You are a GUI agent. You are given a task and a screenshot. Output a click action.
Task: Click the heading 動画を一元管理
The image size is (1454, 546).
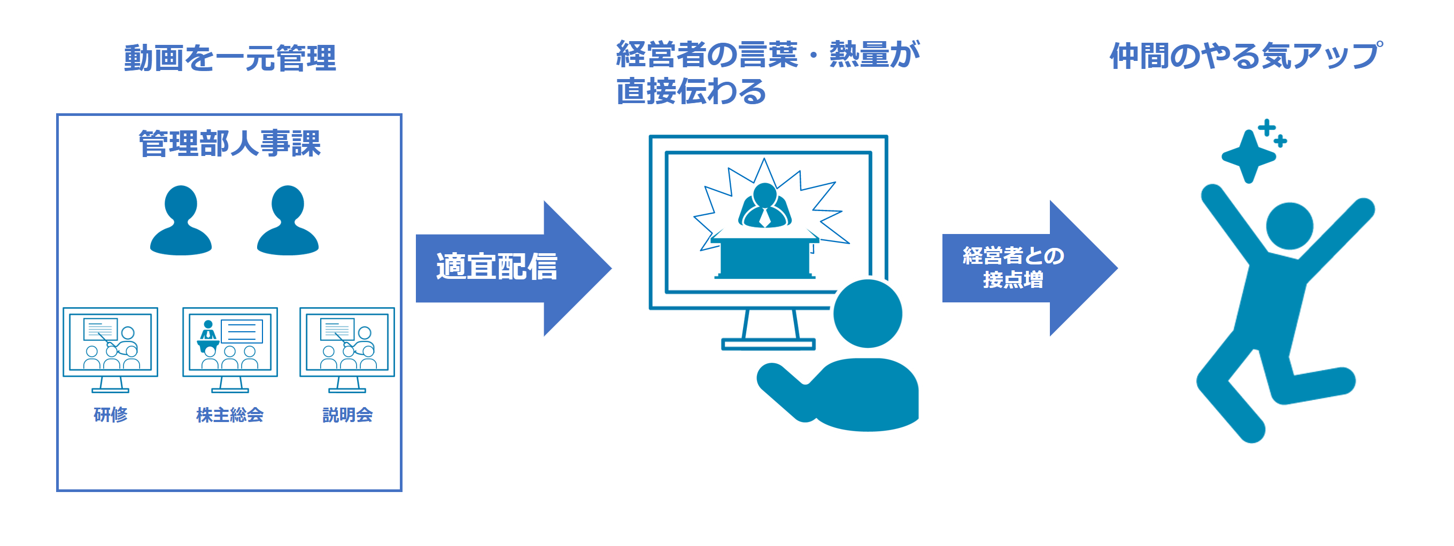(230, 58)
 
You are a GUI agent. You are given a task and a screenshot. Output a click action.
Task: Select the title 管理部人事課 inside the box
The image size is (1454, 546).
(230, 143)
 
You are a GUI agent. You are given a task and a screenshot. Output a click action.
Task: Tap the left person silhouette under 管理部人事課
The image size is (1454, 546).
(181, 221)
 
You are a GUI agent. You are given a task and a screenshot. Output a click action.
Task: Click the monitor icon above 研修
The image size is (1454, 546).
(110, 350)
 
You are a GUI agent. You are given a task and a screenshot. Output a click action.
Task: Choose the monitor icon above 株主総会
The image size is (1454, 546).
(230, 350)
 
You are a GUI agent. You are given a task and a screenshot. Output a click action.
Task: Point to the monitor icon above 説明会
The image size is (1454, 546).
(347, 350)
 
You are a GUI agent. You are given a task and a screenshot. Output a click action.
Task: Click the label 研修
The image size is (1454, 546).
(111, 415)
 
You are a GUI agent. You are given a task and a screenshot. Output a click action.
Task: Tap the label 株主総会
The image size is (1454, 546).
(230, 415)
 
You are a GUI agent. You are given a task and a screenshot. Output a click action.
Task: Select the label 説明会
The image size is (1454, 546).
(347, 415)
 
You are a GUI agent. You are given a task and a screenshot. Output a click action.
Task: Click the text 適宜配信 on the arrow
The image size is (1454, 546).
(497, 266)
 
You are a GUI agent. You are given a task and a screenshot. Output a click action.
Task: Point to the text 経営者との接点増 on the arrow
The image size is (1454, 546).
(1013, 267)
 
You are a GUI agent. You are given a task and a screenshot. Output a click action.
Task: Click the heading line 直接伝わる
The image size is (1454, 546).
(691, 91)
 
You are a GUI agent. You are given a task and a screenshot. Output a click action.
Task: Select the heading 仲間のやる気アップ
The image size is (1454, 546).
(1246, 56)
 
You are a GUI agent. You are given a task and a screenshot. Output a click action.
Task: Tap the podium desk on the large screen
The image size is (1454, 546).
(765, 257)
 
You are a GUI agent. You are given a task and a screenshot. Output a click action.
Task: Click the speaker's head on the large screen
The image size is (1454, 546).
(765, 194)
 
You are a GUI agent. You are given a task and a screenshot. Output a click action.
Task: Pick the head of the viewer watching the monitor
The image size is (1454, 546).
(868, 314)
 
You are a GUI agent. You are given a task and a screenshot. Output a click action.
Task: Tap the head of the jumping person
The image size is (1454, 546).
(1290, 225)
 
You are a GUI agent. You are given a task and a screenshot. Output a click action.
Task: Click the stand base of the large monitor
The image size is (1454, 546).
(768, 344)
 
